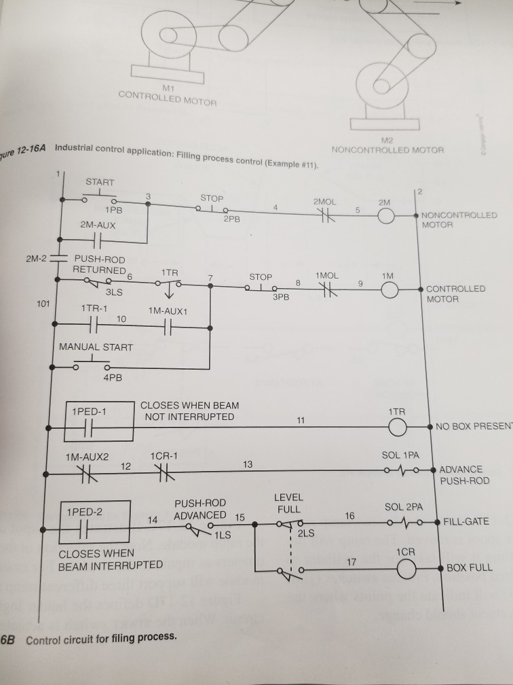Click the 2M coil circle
(385, 216)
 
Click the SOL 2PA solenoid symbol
(404, 522)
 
